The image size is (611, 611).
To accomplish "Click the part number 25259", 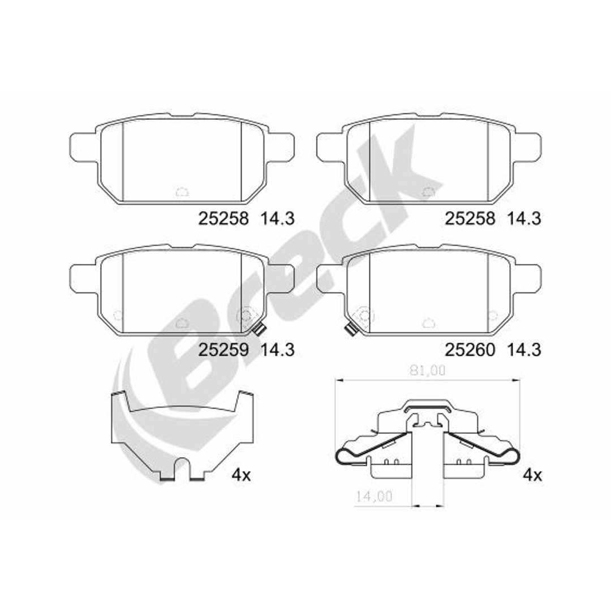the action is coord(223,350).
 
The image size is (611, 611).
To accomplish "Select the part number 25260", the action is coord(470,350).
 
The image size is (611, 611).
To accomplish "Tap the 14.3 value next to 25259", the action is coord(277,350).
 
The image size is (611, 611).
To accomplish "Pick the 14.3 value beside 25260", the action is coord(524,350).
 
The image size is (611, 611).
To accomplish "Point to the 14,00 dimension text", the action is coord(374,497).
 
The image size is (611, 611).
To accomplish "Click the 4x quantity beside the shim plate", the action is coord(241,475).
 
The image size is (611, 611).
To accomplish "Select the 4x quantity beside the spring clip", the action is coord(532,475).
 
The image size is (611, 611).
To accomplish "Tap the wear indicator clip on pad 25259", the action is coord(259,330).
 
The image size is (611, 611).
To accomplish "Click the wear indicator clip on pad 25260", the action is coord(350,330).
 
